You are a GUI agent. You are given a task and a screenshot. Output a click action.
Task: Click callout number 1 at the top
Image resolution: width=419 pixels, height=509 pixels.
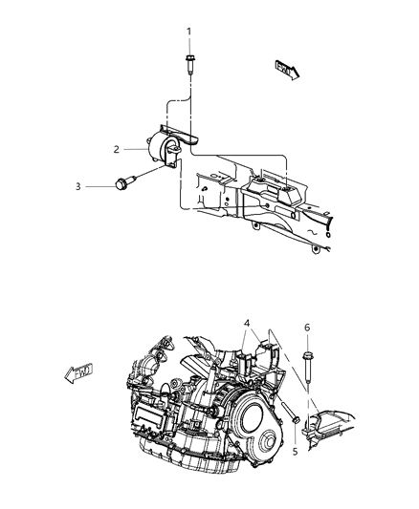(188, 32)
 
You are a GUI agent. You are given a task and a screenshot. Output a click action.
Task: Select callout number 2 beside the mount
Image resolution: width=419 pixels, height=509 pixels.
(116, 149)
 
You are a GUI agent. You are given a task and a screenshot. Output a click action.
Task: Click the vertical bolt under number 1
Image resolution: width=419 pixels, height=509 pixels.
(188, 67)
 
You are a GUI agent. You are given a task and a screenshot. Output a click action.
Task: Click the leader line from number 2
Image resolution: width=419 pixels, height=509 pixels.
(133, 149)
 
